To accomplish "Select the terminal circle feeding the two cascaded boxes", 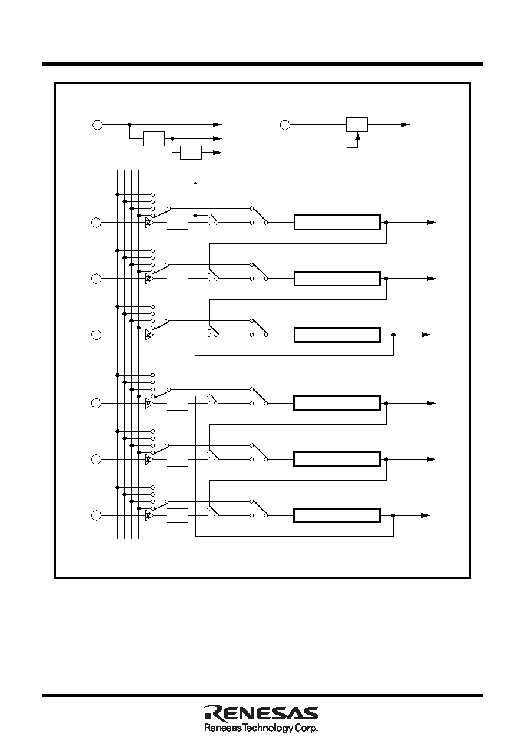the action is [x=98, y=125].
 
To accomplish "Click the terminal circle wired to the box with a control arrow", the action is [x=285, y=125].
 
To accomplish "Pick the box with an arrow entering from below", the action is [x=357, y=124].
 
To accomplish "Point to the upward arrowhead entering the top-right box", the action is [x=358, y=135].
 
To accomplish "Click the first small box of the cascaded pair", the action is [x=154, y=138].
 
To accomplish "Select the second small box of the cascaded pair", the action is [x=191, y=153].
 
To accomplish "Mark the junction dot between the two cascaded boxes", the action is [x=172, y=138].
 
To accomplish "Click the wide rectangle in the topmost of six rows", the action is [x=337, y=222].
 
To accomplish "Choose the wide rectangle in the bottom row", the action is [x=337, y=515].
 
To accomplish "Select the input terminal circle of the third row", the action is [x=97, y=335].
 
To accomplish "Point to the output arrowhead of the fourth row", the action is [x=431, y=404].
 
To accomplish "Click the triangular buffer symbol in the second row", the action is [x=149, y=279].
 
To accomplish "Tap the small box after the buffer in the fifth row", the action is [x=177, y=459].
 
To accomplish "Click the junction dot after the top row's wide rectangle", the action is [x=386, y=223].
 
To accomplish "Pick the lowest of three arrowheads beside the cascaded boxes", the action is [x=217, y=153].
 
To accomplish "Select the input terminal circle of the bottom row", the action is [x=97, y=515].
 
